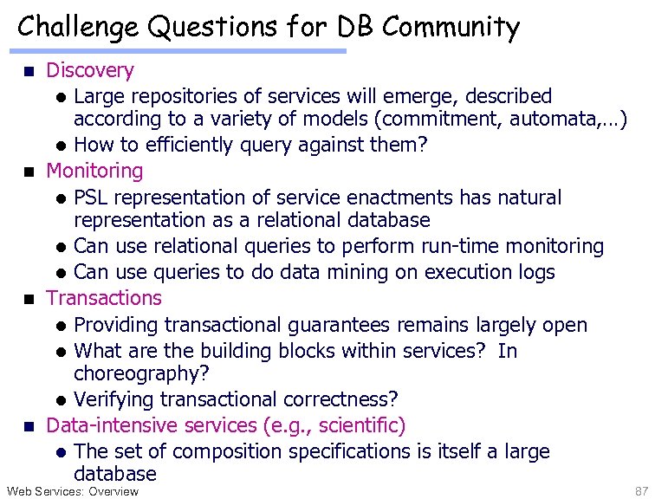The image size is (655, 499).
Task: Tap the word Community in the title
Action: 450,28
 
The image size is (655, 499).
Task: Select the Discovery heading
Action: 90,70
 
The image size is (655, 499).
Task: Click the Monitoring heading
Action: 94,172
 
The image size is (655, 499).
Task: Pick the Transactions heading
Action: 104,298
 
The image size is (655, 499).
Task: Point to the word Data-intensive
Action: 105,426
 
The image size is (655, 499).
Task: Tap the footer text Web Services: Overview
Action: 73,491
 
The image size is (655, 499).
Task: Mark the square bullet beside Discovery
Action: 27,71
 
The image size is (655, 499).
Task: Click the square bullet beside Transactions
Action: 27,299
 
